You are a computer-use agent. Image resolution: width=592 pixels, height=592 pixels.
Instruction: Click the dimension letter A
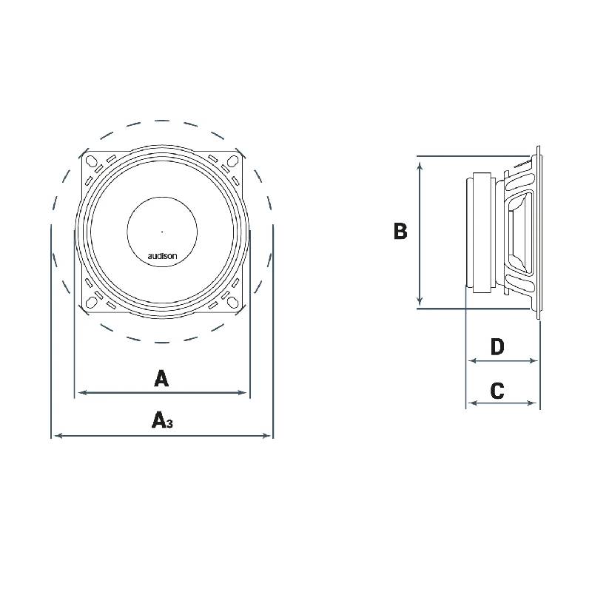point(161,379)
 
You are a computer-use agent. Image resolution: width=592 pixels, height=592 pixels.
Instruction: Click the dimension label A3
point(161,421)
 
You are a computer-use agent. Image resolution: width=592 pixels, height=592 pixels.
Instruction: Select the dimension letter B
point(400,232)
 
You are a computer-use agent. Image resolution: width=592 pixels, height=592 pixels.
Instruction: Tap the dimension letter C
point(497,391)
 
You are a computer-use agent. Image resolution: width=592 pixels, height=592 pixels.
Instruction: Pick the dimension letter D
point(497,346)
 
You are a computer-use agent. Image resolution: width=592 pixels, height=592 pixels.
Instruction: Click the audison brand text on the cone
point(162,256)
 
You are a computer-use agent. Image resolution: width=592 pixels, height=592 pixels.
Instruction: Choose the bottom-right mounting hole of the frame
point(233,300)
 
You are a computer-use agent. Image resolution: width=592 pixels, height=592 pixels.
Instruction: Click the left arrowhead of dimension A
point(80,393)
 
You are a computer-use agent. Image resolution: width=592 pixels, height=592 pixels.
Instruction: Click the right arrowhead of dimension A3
point(269,436)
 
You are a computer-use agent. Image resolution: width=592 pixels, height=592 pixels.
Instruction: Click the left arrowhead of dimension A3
point(56,436)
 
